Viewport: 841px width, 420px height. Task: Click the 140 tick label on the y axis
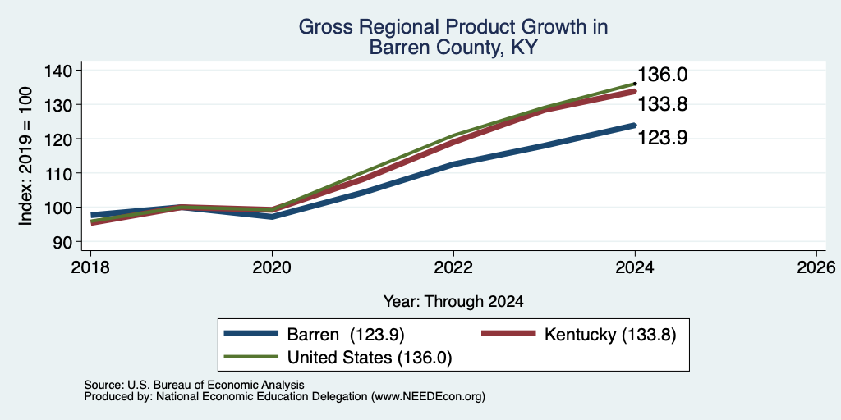click(x=68, y=71)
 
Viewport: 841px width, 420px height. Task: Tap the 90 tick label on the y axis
click(x=72, y=242)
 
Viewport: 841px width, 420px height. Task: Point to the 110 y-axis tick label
click(x=68, y=174)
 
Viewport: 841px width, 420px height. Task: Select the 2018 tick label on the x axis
click(x=90, y=267)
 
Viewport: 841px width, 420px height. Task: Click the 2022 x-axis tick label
click(x=453, y=267)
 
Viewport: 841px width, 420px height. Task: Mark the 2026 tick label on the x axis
click(x=817, y=267)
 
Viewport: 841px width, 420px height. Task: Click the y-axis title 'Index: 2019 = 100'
click(x=26, y=156)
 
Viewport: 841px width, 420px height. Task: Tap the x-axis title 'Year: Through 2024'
click(x=453, y=302)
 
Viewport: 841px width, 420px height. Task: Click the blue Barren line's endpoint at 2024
click(x=635, y=126)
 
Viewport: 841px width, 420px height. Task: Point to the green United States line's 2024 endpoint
click(x=635, y=84)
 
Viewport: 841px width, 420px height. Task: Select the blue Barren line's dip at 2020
click(x=272, y=217)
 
